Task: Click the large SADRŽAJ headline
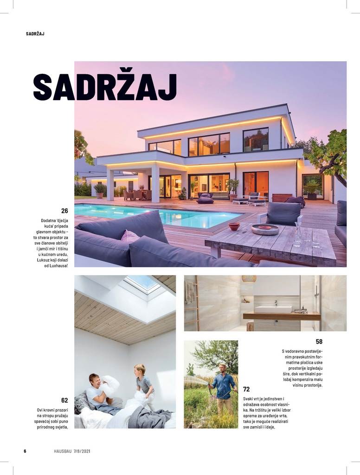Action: click(105, 86)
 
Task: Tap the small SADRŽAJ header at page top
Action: click(35, 33)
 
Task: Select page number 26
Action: click(64, 211)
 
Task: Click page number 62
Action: click(64, 400)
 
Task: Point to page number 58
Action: click(319, 341)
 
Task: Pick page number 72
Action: click(246, 389)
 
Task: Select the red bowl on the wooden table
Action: click(234, 226)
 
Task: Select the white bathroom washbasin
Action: click(273, 309)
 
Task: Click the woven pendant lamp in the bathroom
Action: click(249, 278)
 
